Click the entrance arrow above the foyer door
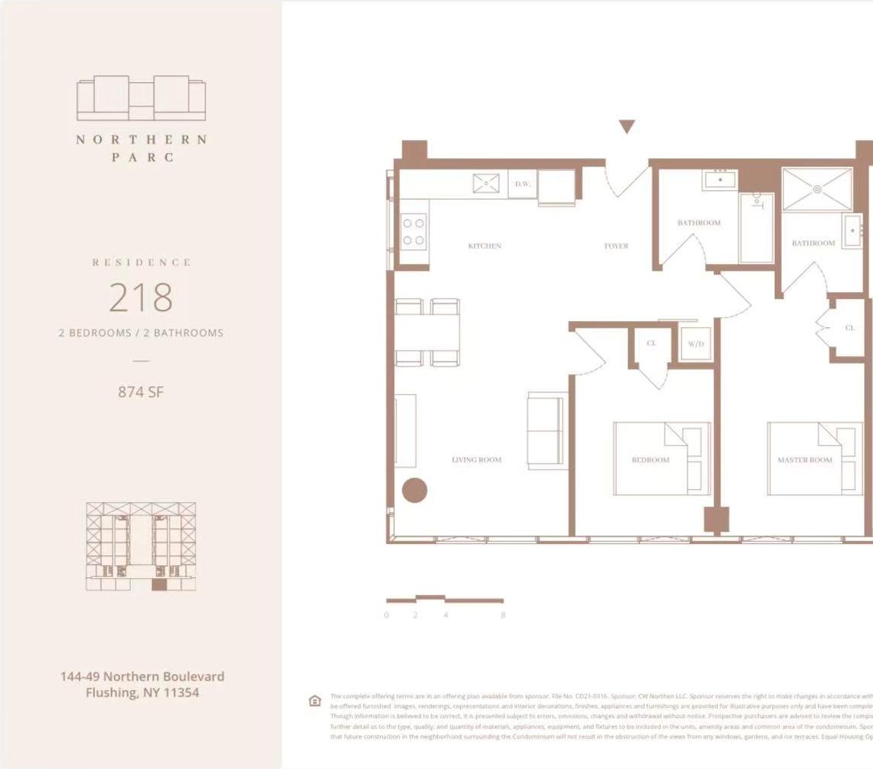(x=626, y=127)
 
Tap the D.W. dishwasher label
(x=522, y=184)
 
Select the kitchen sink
(x=486, y=183)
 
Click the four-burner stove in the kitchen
(x=414, y=231)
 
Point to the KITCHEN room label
(x=484, y=246)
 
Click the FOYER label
(x=616, y=246)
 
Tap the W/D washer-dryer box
(x=696, y=344)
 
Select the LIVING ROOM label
(x=477, y=460)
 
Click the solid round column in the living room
(x=414, y=490)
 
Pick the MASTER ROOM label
(x=805, y=460)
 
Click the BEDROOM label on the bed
(x=651, y=460)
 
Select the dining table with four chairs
(x=427, y=332)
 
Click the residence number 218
(x=141, y=297)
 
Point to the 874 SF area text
(x=141, y=392)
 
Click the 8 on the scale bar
(x=503, y=615)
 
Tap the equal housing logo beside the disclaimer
(x=315, y=701)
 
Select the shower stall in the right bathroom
(x=817, y=189)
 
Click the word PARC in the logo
(x=142, y=157)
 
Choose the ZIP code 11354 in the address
(x=179, y=693)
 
